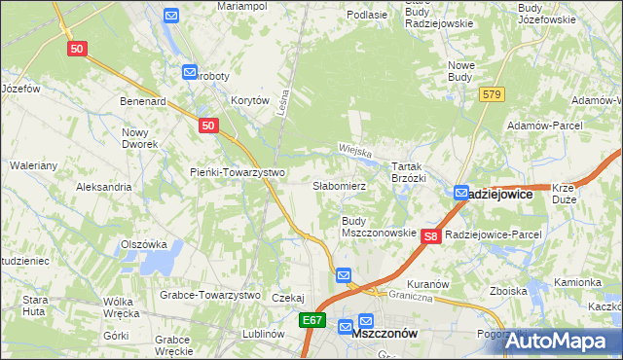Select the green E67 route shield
tap(311, 320)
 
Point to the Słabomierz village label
tap(339, 185)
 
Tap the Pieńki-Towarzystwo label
tap(237, 172)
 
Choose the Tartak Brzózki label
tap(409, 172)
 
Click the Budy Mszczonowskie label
tap(379, 227)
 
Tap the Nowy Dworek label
tap(139, 138)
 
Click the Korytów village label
tap(248, 100)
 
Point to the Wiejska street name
tap(356, 150)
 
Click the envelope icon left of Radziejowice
tap(461, 194)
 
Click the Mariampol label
tap(242, 6)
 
